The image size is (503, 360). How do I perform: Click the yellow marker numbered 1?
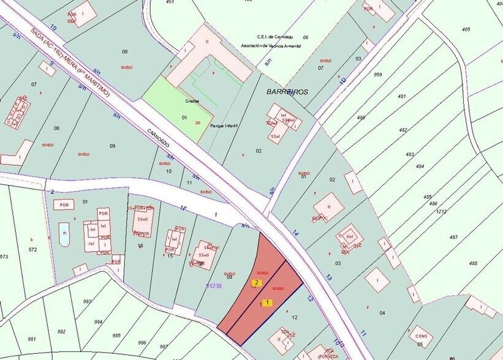tap(268, 302)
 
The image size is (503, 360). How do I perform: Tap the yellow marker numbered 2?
tap(257, 283)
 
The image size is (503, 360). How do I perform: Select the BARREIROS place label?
tap(287, 92)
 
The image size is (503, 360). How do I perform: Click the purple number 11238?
tap(214, 286)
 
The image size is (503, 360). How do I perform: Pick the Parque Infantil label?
tap(224, 126)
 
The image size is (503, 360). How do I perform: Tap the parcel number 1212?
tap(442, 211)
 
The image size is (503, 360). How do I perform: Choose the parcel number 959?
tap(377, 75)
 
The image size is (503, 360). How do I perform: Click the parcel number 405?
tap(466, 29)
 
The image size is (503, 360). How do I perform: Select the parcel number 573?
tap(4, 256)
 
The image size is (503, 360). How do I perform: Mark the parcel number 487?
tap(453, 237)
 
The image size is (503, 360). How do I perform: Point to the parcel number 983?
tap(88, 301)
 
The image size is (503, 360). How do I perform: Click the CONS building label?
tap(421, 336)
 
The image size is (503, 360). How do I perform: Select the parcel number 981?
tap(32, 339)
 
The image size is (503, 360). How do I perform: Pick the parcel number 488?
tap(473, 263)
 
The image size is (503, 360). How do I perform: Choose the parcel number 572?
tap(32, 249)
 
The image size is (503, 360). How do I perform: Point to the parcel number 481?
tap(402, 96)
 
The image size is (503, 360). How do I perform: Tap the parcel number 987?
tap(164, 347)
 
